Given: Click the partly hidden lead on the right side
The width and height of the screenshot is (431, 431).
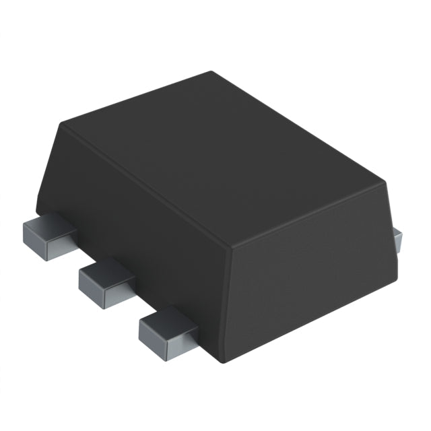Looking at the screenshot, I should pos(397,237).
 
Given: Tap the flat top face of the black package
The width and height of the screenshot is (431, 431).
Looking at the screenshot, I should pos(222,155).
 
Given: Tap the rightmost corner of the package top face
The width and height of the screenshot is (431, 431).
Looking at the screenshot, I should pos(387,180).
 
